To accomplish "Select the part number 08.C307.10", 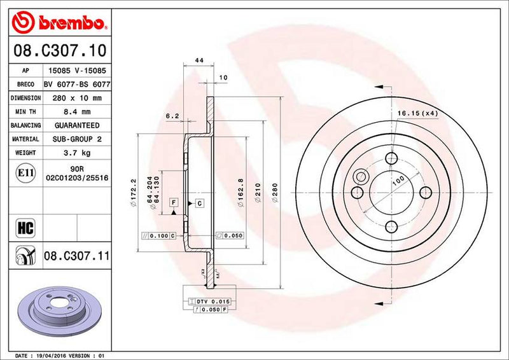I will coord(59,49).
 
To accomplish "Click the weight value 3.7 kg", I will coord(77,153).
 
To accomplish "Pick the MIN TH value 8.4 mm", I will coord(77,112).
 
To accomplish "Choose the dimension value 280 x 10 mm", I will coord(77,98).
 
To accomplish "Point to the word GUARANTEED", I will coord(77,125).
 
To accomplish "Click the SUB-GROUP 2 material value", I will coord(77,139).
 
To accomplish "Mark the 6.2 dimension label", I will coord(172,116).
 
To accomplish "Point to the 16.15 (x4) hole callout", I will coord(415,113).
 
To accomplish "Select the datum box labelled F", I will coord(173,202).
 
